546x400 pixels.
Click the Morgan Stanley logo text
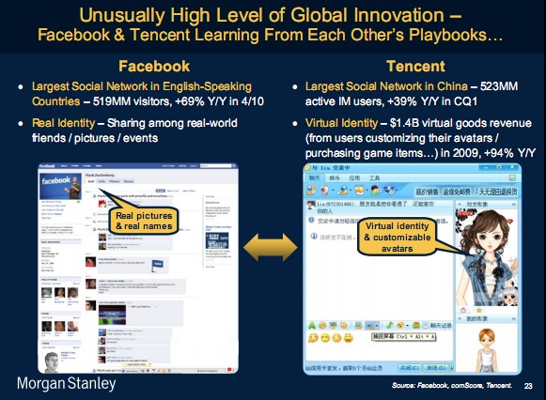[65, 384]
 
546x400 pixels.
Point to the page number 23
[528, 386]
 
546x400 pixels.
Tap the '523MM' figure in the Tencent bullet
[507, 85]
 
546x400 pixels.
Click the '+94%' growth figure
[486, 152]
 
